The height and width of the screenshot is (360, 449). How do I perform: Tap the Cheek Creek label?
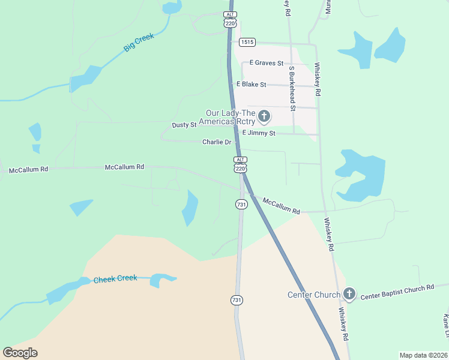tap(115, 279)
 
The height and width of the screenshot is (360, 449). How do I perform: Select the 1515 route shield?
tap(247, 42)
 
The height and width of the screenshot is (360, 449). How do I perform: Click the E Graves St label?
tap(267, 63)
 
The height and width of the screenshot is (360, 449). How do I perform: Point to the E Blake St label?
tap(252, 85)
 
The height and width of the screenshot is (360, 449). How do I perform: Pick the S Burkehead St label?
tap(292, 88)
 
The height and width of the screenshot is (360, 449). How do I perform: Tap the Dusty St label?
tap(184, 125)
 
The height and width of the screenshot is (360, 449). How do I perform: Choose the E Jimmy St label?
tap(259, 133)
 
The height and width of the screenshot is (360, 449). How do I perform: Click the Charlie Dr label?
tap(217, 142)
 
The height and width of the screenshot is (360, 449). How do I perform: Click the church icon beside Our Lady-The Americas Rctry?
tap(264, 115)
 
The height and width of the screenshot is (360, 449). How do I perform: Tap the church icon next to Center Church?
tap(349, 295)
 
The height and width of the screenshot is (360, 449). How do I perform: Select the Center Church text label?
tap(314, 295)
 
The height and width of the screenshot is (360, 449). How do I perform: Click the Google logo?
tap(20, 353)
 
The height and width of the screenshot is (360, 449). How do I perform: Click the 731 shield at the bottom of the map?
tap(237, 299)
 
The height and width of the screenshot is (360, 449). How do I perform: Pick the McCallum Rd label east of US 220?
tap(282, 206)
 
